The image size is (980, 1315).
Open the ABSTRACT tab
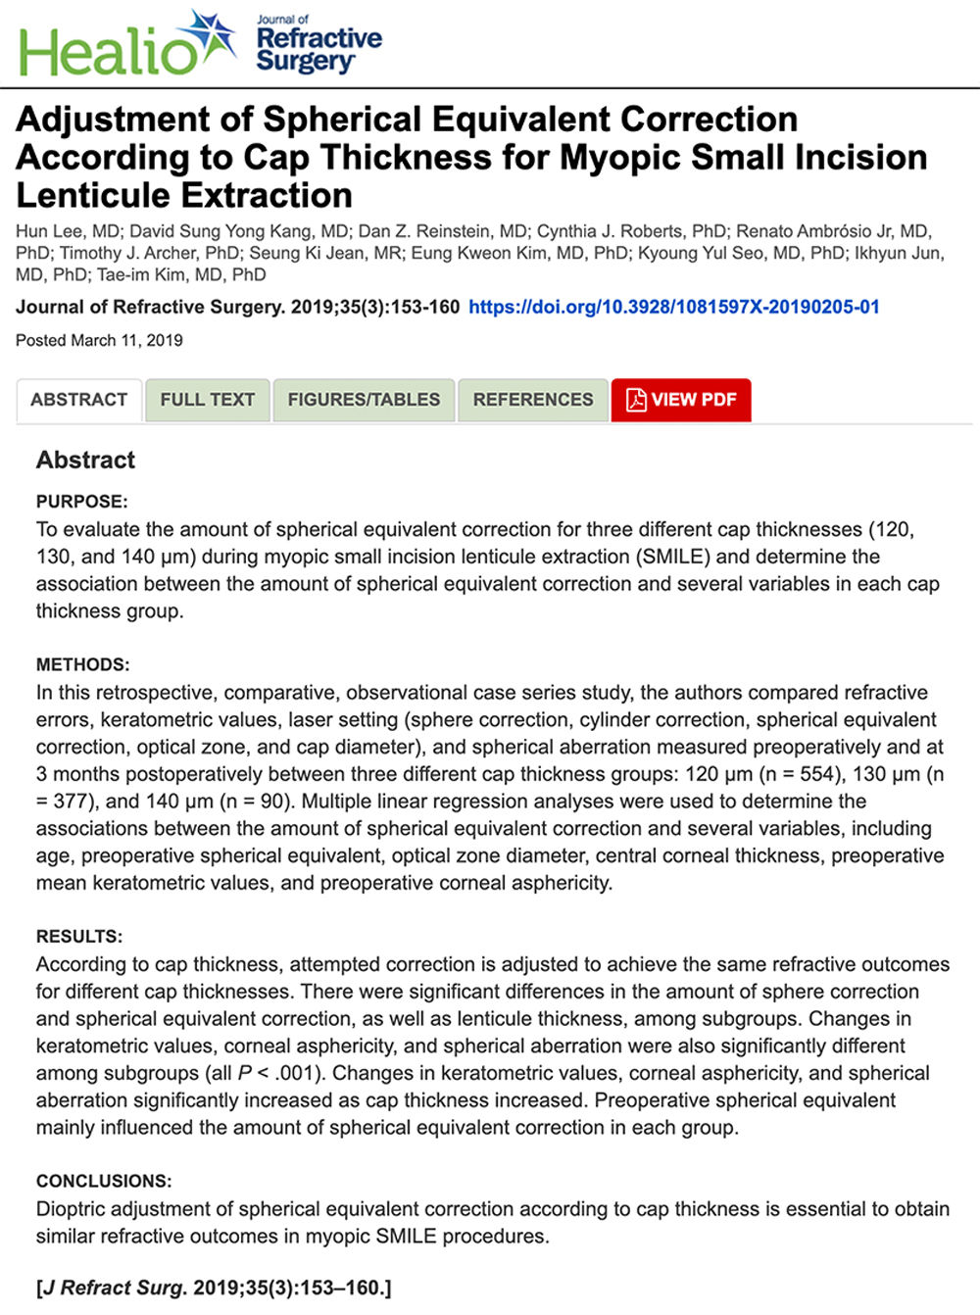(79, 400)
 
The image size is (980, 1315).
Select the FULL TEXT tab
(208, 400)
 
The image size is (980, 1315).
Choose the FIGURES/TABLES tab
(364, 400)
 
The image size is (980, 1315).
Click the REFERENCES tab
(533, 400)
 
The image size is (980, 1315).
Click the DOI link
(674, 307)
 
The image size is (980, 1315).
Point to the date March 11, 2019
(127, 340)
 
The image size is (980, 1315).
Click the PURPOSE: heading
(82, 502)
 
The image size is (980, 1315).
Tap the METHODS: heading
(83, 664)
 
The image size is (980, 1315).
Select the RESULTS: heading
(79, 936)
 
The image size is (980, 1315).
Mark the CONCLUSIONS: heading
(104, 1181)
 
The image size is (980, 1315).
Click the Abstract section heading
(86, 460)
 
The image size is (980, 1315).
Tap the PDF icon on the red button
(636, 400)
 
